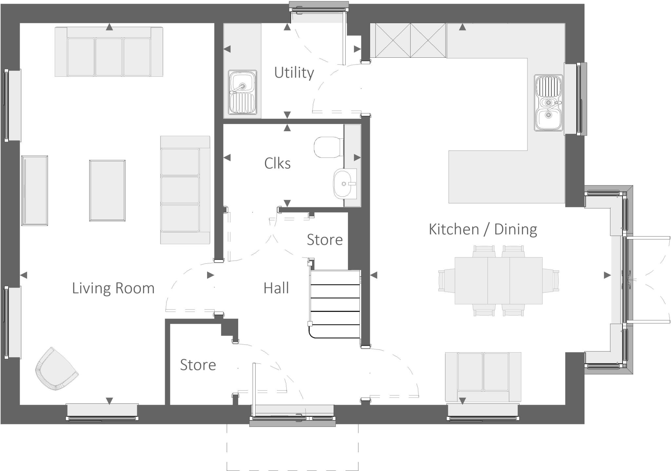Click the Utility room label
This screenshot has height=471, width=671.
[x=294, y=73]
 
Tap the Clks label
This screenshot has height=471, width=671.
[x=277, y=163]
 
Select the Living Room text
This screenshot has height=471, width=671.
[x=113, y=288]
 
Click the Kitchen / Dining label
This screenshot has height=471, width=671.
[x=483, y=229]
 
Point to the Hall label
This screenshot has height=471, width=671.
[x=276, y=288]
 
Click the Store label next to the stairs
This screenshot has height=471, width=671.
[x=324, y=240]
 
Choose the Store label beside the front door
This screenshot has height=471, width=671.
[x=198, y=365]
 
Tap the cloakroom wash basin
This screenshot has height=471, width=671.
[x=344, y=184]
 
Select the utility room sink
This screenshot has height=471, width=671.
[x=242, y=92]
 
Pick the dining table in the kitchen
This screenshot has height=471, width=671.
[x=498, y=281]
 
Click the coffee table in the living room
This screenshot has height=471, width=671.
[x=107, y=191]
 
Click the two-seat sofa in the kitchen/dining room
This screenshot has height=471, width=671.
[x=483, y=377]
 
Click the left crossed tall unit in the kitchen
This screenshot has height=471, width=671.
[x=393, y=40]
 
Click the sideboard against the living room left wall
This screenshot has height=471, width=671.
[x=34, y=191]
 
